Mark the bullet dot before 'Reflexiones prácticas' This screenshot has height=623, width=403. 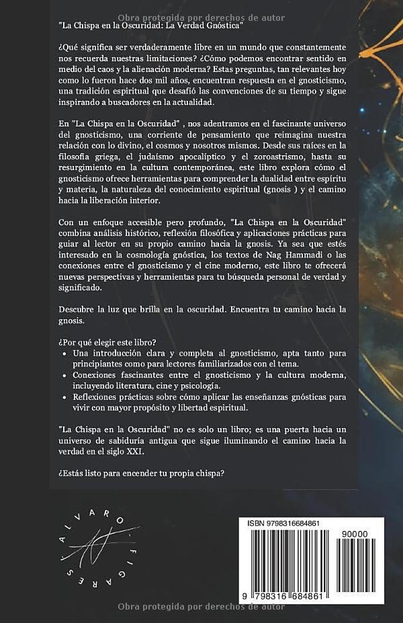click(x=64, y=399)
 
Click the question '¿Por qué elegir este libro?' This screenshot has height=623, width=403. click(x=110, y=340)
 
